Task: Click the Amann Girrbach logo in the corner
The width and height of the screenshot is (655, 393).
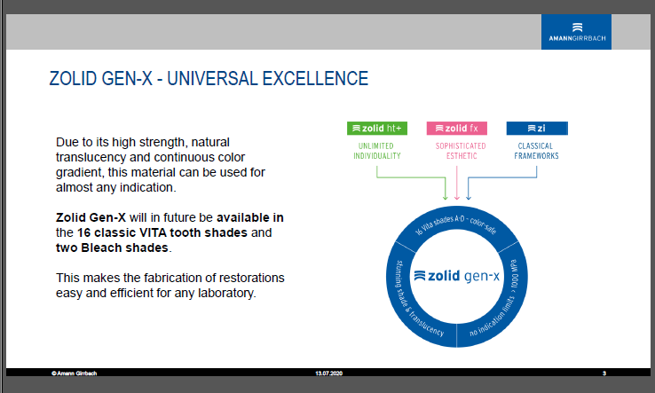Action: (576, 32)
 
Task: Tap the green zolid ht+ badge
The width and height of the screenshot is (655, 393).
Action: (377, 129)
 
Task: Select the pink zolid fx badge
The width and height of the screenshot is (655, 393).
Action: (456, 129)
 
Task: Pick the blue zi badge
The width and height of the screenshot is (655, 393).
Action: (537, 129)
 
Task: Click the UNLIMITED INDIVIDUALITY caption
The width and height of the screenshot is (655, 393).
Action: (377, 151)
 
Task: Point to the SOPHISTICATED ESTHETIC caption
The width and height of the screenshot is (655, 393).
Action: (461, 151)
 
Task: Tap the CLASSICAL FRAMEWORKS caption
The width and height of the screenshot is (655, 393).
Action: (536, 151)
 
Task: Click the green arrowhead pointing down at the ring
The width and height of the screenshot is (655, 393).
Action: (446, 196)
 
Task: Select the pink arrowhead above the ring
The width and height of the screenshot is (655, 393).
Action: (456, 196)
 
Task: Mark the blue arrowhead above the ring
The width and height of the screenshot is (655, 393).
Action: (469, 196)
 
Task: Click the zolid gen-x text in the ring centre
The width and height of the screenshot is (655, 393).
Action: (456, 276)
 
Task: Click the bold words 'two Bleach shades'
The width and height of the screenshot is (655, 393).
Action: (112, 248)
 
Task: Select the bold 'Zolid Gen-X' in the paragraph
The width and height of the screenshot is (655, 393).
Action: (91, 217)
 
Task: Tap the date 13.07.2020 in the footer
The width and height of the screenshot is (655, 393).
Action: (328, 373)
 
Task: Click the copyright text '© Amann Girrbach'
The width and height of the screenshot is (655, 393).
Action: (74, 373)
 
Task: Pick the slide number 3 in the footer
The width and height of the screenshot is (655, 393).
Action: (604, 373)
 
